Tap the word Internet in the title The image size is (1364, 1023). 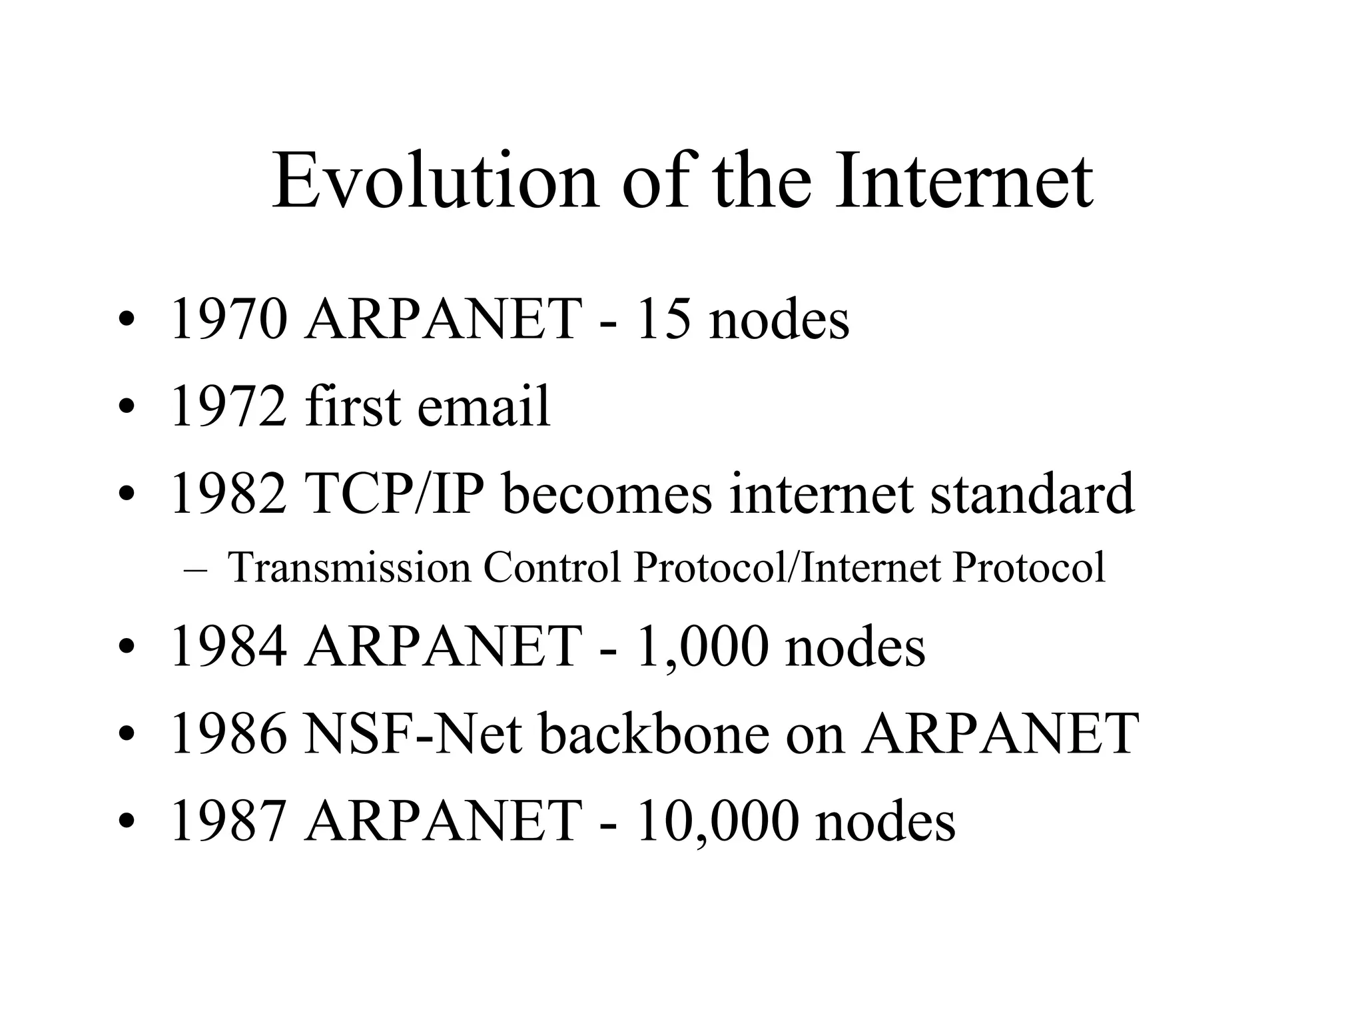click(x=964, y=181)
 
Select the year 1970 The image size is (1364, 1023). click(x=230, y=320)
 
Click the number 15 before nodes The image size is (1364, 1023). click(x=663, y=320)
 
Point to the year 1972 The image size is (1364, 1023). click(x=230, y=406)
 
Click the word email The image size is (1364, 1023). click(x=484, y=406)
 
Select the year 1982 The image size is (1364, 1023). click(x=230, y=494)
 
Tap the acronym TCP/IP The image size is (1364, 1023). click(x=394, y=494)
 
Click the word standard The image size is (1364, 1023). click(x=1032, y=494)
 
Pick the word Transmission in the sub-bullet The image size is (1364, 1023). click(x=349, y=567)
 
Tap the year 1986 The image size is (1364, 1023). click(x=230, y=733)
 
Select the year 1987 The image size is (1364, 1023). click(x=230, y=821)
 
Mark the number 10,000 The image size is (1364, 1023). click(x=717, y=821)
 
